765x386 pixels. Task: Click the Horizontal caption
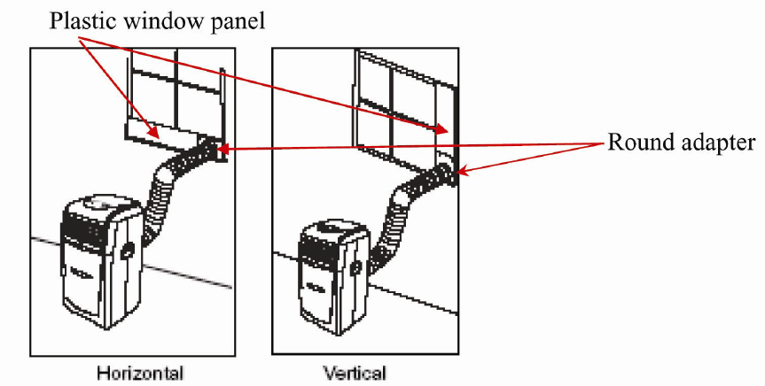point(142,374)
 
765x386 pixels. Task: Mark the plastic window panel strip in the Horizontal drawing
point(168,134)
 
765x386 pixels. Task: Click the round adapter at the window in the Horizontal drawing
point(209,151)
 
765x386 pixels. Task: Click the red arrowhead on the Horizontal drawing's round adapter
point(222,150)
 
